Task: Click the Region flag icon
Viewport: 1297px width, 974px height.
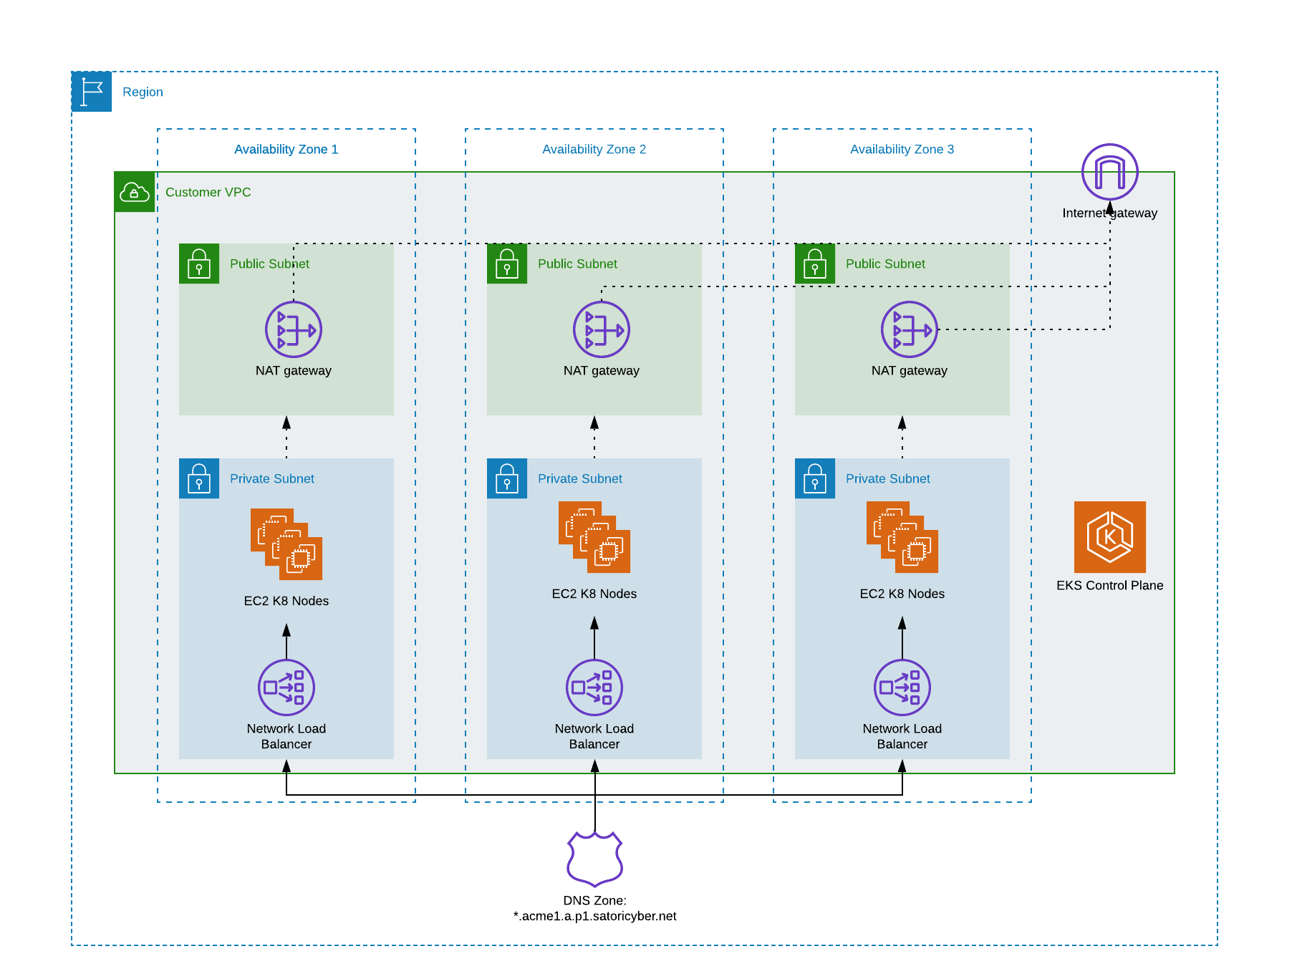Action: click(x=92, y=92)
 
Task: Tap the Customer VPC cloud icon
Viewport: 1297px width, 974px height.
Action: click(x=135, y=192)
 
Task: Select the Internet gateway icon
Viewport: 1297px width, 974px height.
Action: click(x=1110, y=172)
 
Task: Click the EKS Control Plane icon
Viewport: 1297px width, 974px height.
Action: click(x=1110, y=537)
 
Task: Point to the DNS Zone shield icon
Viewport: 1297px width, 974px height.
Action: click(x=595, y=859)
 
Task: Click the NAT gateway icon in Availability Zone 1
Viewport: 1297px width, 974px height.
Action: click(x=294, y=329)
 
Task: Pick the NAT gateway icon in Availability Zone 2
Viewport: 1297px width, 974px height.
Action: click(x=602, y=329)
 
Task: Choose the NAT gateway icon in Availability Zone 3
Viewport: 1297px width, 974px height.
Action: click(x=910, y=329)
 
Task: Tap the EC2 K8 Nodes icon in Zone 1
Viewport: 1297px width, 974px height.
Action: click(x=286, y=544)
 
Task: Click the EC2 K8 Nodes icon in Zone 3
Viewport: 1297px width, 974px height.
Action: click(x=902, y=537)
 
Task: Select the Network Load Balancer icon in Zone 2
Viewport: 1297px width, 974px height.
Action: click(x=594, y=688)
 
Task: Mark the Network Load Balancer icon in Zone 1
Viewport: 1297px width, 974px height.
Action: click(x=286, y=688)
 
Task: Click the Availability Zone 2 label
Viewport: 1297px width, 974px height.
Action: click(x=594, y=149)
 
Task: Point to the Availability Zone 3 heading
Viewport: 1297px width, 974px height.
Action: click(x=902, y=149)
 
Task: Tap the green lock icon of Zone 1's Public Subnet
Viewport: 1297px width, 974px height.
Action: click(x=199, y=264)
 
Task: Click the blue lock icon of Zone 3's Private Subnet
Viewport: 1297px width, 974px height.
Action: click(x=815, y=478)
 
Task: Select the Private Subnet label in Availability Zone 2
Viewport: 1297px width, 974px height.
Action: click(x=580, y=478)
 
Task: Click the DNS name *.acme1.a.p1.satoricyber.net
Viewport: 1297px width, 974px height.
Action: click(x=595, y=916)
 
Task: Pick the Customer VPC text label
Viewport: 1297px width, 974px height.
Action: click(x=208, y=192)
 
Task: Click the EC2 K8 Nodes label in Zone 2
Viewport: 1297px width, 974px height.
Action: click(x=594, y=594)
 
